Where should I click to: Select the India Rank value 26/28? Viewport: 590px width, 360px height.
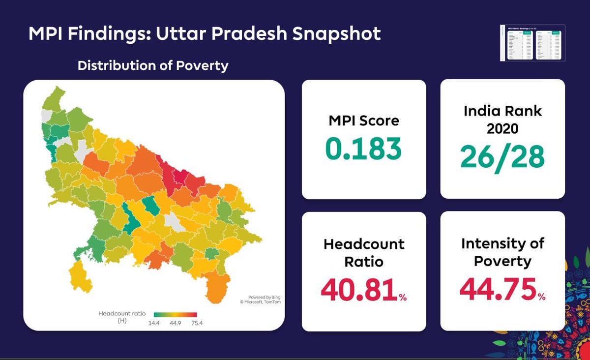click(x=502, y=156)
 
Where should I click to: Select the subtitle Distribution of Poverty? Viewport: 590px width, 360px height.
click(x=153, y=65)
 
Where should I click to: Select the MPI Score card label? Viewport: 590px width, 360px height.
click(x=363, y=120)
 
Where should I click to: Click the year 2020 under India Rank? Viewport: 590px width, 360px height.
click(x=502, y=129)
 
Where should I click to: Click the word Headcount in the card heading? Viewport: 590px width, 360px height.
click(x=364, y=244)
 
